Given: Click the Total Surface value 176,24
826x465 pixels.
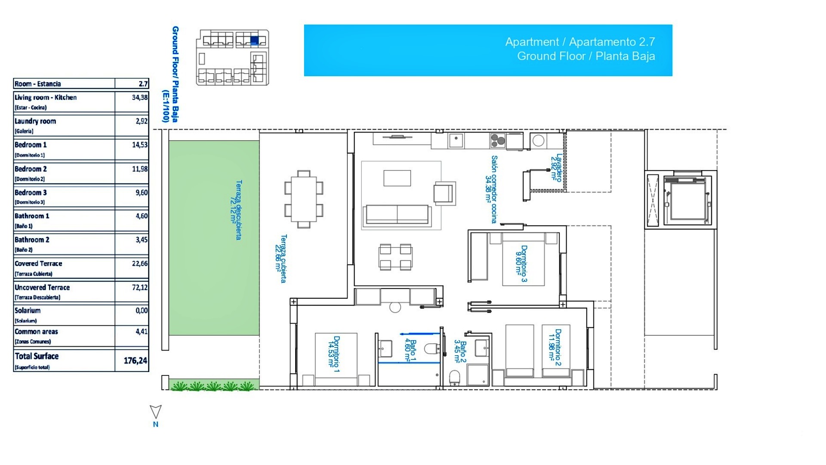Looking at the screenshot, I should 135,361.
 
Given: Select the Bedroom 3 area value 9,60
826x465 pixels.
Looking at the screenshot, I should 142,193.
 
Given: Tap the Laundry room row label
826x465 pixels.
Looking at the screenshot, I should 35,121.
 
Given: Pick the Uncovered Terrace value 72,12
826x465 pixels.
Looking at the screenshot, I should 139,287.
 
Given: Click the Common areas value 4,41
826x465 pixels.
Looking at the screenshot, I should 142,332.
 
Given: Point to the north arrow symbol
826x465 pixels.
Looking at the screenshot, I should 155,412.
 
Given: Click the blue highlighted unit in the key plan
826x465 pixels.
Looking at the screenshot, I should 254,40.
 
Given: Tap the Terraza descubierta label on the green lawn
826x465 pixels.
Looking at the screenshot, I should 236,210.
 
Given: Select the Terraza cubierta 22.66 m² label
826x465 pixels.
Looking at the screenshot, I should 280,258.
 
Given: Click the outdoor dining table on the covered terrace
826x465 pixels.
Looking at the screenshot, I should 304,199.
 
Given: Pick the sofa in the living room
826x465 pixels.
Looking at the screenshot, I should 397,215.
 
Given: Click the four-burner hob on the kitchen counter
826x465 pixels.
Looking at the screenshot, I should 497,141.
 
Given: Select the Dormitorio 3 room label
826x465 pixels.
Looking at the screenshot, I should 521,263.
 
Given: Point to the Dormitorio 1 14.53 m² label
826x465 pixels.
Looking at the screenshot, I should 334,354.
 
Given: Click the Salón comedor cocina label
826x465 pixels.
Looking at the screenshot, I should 491,189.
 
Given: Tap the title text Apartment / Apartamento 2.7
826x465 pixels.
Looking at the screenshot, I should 580,42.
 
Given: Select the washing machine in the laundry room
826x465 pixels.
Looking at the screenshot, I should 538,141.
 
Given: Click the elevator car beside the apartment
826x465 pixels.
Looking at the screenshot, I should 687,200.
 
